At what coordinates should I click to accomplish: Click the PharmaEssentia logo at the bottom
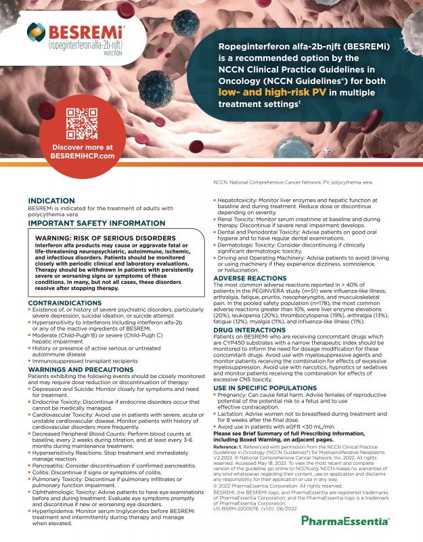point(344,520)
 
